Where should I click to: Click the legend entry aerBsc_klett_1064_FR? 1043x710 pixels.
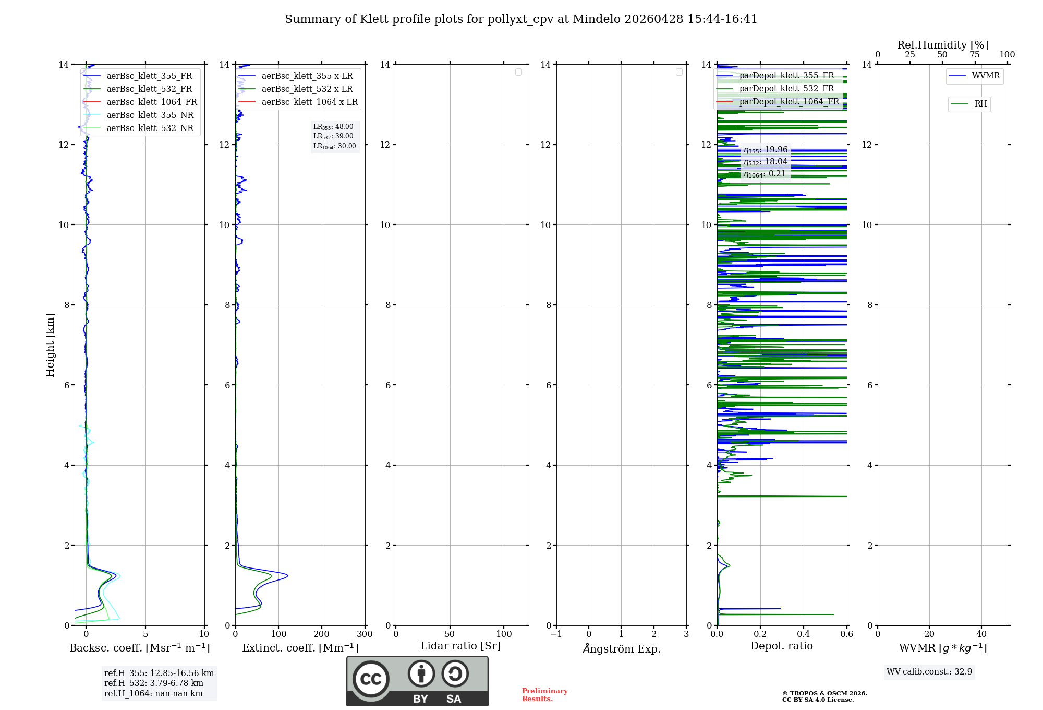click(x=151, y=102)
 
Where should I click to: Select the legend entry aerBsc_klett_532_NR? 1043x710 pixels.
click(x=150, y=128)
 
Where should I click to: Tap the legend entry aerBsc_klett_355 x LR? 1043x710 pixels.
click(x=307, y=76)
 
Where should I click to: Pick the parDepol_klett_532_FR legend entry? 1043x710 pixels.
click(x=786, y=89)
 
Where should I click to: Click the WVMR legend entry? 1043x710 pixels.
click(x=985, y=76)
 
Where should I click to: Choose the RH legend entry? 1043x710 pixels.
click(x=980, y=104)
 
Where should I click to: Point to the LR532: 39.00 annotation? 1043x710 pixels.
click(x=333, y=136)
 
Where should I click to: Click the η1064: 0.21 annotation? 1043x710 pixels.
click(x=765, y=174)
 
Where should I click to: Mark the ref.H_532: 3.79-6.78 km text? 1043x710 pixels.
click(x=153, y=683)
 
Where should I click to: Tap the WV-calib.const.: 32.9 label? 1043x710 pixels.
click(x=929, y=671)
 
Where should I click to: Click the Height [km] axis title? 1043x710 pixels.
click(x=50, y=345)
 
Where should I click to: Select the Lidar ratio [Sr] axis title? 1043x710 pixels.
click(x=460, y=646)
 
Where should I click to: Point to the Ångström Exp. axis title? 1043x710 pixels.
click(x=621, y=648)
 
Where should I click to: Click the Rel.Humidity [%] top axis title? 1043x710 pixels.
click(x=942, y=45)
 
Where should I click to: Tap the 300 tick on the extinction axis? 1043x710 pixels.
click(x=365, y=634)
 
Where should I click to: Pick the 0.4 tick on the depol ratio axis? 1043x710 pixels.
click(x=803, y=634)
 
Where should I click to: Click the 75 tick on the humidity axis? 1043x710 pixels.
click(x=974, y=54)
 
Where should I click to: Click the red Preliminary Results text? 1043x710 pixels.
click(x=544, y=694)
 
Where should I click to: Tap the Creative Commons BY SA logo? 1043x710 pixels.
click(x=417, y=681)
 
